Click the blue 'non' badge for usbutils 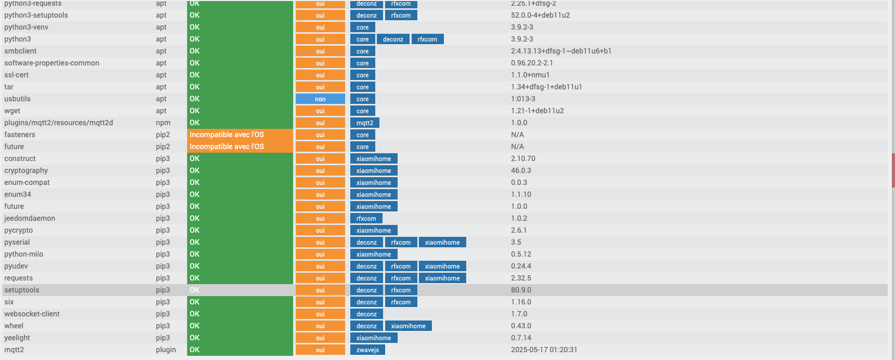click(320, 99)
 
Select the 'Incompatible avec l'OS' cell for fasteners click(240, 135)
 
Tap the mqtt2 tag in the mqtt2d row click(364, 123)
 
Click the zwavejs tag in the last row click(367, 350)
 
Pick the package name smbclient click(20, 51)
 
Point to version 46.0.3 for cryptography click(521, 170)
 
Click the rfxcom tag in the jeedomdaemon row click(366, 218)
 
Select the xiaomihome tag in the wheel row click(408, 326)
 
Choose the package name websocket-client click(32, 314)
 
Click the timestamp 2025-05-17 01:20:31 click(544, 350)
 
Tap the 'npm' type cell click(163, 123)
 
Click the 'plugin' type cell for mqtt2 click(166, 350)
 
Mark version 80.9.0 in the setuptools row click(521, 290)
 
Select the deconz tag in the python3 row click(393, 39)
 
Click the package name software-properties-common click(51, 63)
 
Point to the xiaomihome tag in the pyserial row click(442, 242)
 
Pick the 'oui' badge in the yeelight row click(320, 338)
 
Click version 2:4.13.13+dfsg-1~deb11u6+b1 click(561, 51)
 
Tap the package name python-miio click(23, 254)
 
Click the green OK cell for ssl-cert click(240, 75)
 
